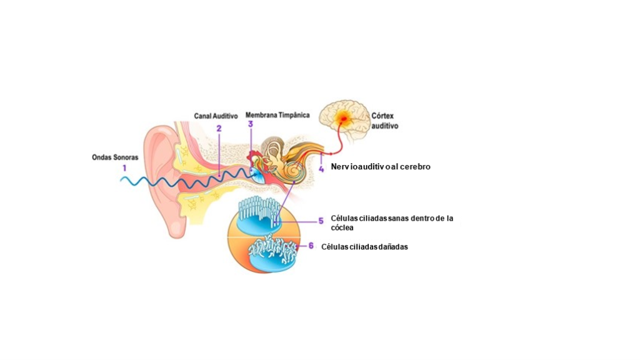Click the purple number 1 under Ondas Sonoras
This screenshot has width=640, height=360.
[124, 167]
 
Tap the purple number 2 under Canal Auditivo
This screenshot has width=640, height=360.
[219, 128]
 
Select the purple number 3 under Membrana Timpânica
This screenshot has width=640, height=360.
[250, 124]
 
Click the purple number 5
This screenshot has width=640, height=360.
[321, 221]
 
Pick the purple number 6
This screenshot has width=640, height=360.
[311, 246]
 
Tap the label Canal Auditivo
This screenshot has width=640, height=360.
[216, 116]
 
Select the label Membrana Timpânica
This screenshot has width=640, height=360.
[277, 115]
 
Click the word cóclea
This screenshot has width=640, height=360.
[342, 227]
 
